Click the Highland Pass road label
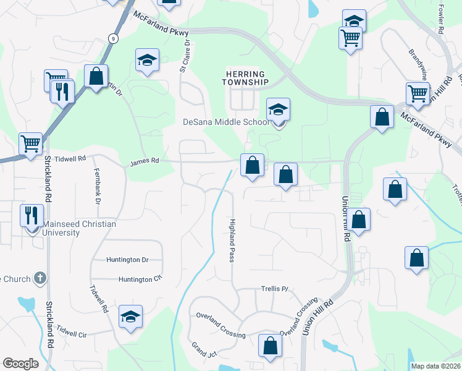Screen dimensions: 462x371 232,240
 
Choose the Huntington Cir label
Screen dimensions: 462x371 140,279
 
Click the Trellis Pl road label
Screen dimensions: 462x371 275,289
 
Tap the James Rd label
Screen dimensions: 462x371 145,161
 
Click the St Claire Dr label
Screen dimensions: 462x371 184,57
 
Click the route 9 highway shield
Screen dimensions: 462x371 112,38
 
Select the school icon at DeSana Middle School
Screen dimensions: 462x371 278,111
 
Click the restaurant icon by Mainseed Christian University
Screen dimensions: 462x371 31,215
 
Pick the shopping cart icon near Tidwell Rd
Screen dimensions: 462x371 30,144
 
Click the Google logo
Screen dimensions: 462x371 20,364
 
